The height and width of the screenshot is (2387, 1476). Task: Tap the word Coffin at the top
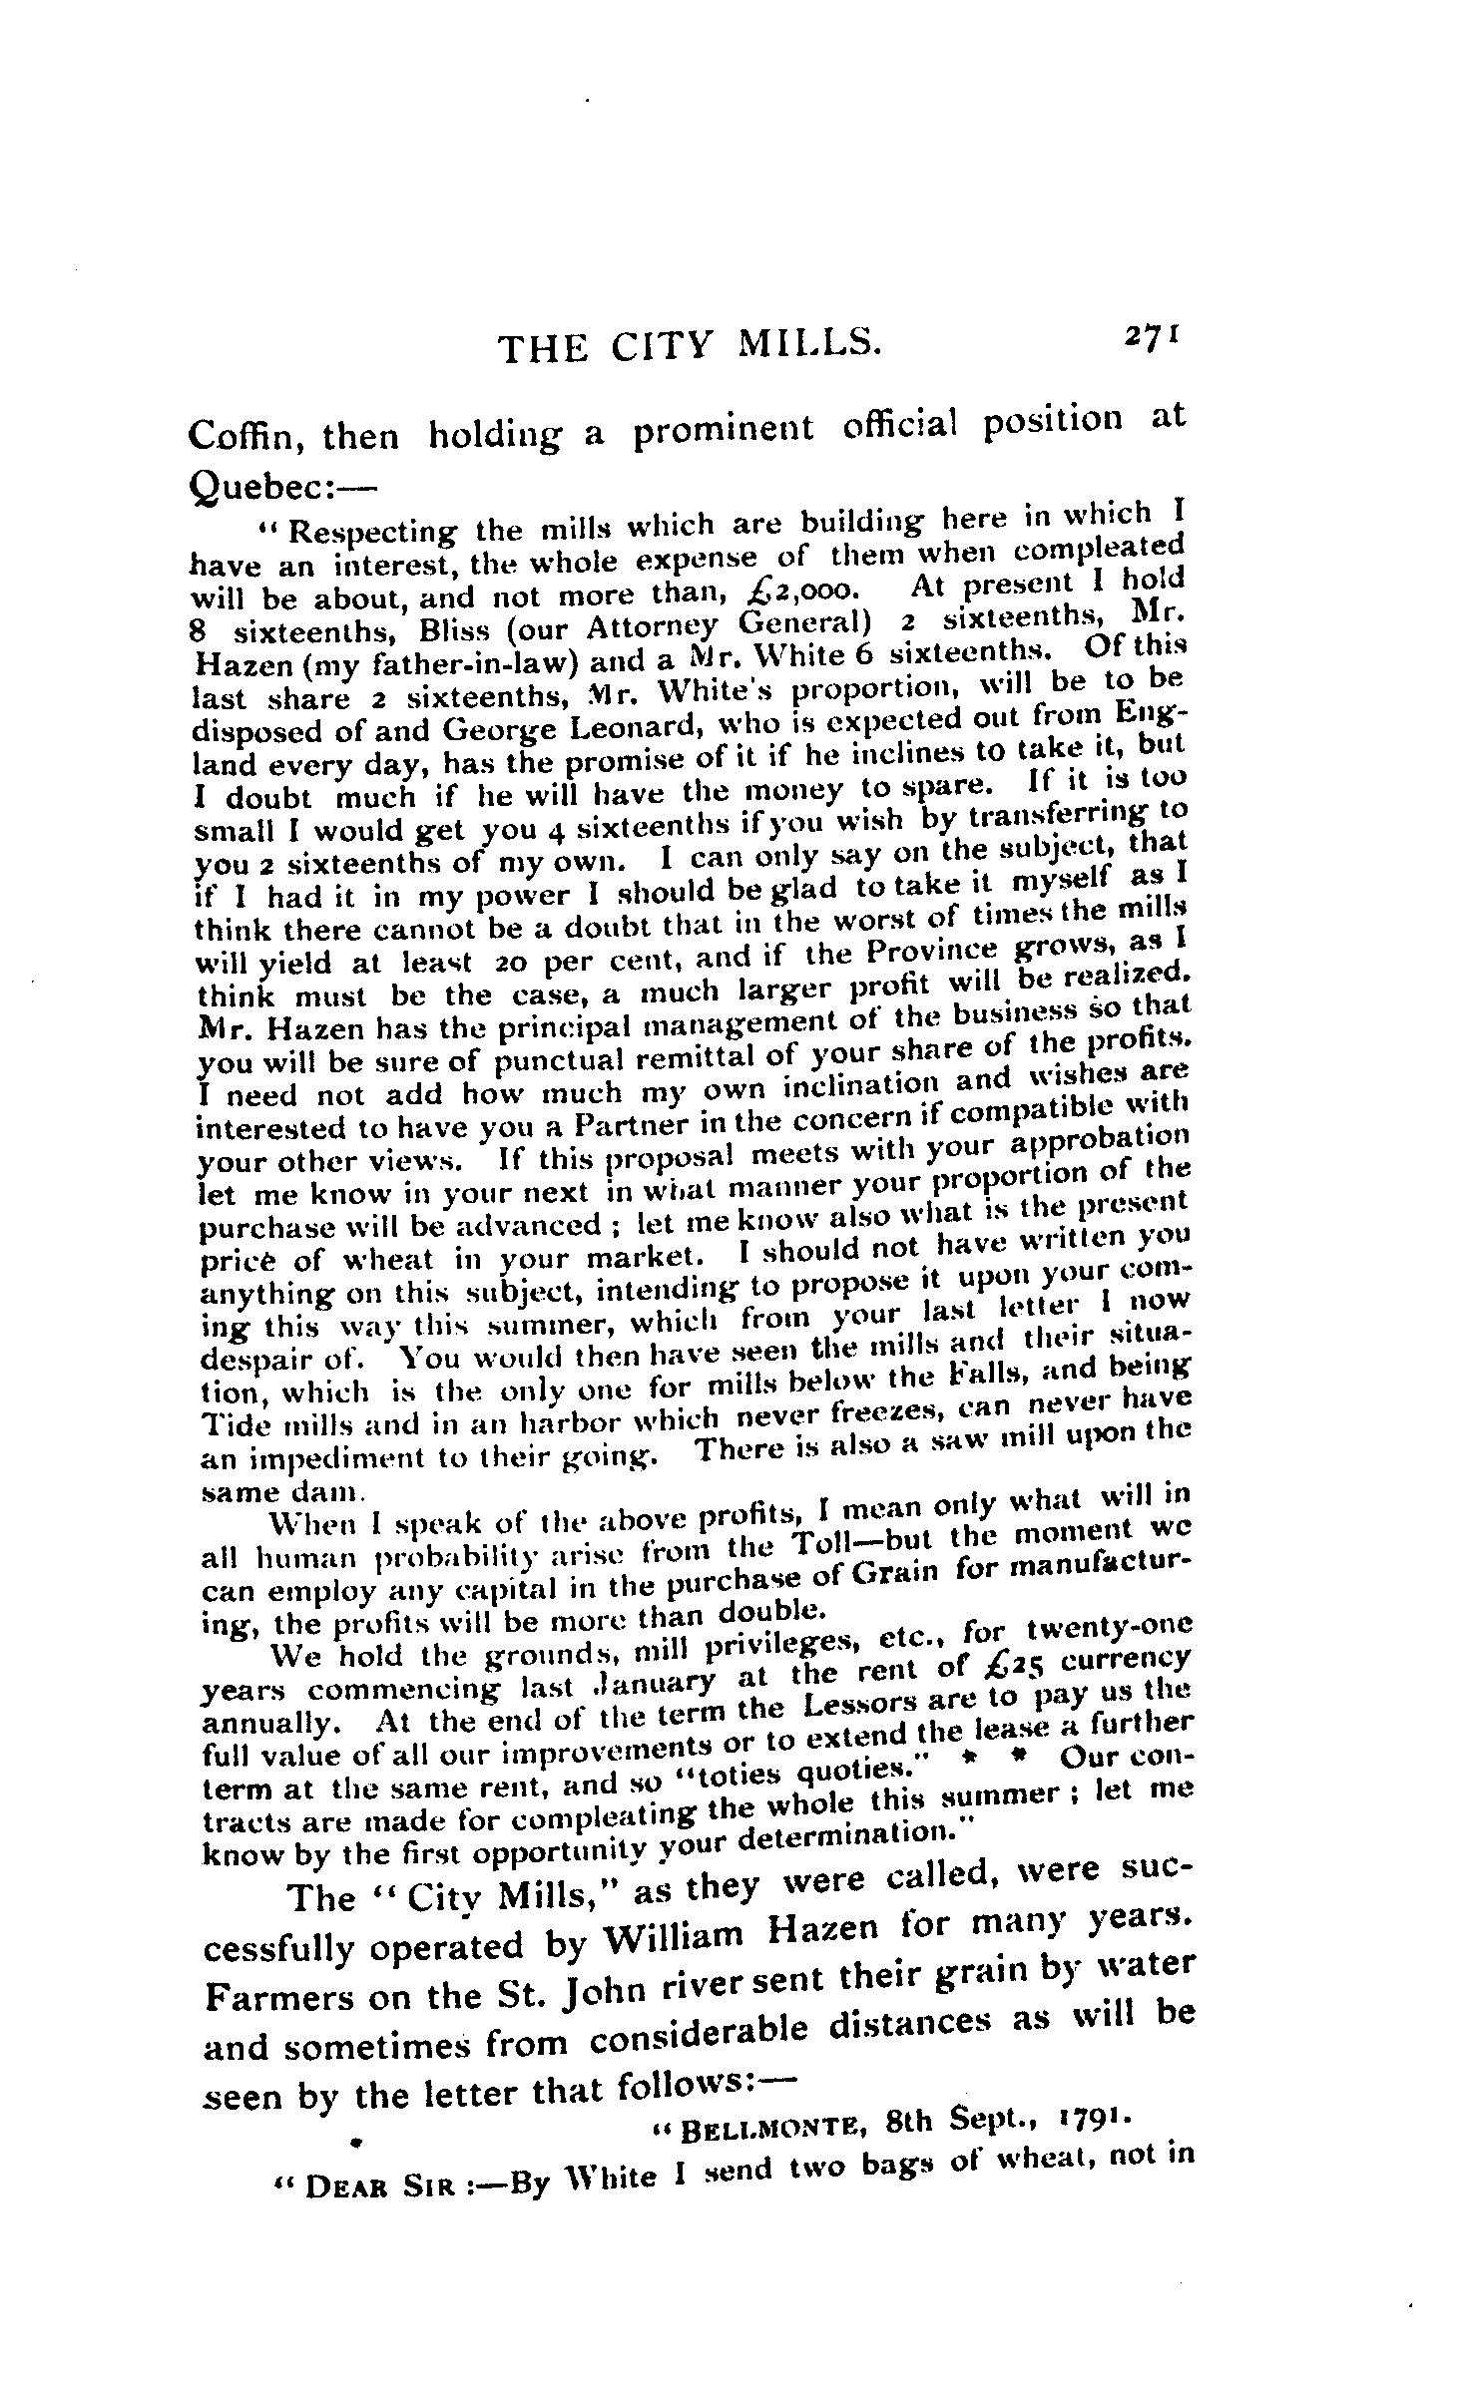click(243, 437)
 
